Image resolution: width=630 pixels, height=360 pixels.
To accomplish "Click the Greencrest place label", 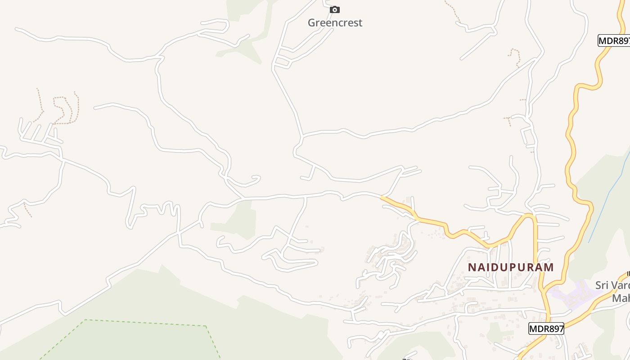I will click(335, 22).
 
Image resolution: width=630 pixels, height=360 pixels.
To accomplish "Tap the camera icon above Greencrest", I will click(335, 9).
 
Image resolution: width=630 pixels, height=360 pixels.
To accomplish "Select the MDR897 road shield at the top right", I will click(614, 40).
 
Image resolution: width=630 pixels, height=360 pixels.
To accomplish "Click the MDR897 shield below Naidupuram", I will click(546, 328).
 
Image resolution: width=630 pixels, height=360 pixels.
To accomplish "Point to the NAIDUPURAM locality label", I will click(511, 267).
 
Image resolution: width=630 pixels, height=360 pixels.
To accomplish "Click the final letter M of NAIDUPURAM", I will click(549, 267).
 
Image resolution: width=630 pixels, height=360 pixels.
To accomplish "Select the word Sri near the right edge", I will click(603, 285).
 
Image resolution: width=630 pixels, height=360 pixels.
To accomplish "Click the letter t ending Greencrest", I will click(360, 22).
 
